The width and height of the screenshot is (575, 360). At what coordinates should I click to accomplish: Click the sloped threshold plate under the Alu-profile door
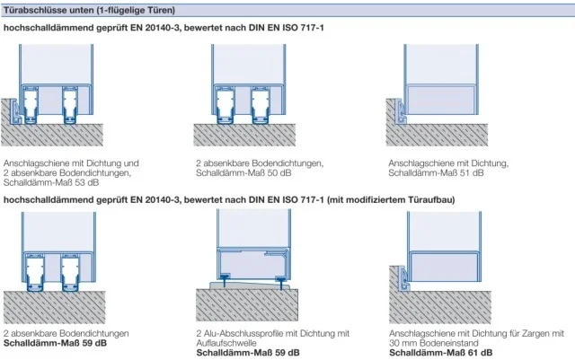tap(251, 285)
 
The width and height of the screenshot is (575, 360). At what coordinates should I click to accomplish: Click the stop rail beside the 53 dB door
tap(15, 111)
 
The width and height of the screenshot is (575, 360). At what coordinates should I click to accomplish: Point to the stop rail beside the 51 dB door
tap(401, 111)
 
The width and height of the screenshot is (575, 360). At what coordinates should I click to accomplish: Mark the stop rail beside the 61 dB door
tap(403, 278)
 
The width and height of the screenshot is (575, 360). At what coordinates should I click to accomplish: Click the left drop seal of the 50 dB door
tap(224, 105)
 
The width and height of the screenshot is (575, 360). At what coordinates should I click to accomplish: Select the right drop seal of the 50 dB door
tap(260, 105)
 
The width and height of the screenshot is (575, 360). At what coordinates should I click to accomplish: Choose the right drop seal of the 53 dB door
tap(70, 105)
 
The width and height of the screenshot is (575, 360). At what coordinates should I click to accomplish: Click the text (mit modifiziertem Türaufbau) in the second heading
tap(391, 200)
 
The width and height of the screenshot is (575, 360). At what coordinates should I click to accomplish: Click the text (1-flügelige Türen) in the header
tap(136, 10)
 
